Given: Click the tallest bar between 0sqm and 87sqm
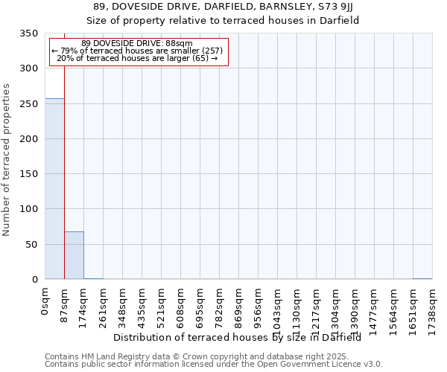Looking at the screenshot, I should pos(54,189).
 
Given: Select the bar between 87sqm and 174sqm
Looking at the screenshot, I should pos(74,255).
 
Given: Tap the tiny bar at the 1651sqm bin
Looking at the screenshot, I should pos(422,278).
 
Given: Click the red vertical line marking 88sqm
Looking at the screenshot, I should pos(65,171).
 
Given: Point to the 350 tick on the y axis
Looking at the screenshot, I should pos(28,33).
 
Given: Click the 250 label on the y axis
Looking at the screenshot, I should pos(28,104).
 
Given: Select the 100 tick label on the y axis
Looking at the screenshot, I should pos(28,209).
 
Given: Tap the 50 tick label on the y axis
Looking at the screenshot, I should pos(31,245).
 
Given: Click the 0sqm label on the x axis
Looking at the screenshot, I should pos(45,303).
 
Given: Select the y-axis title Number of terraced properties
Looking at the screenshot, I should pos(7,159).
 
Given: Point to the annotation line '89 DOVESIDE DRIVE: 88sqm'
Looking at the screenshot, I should pos(137,43).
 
